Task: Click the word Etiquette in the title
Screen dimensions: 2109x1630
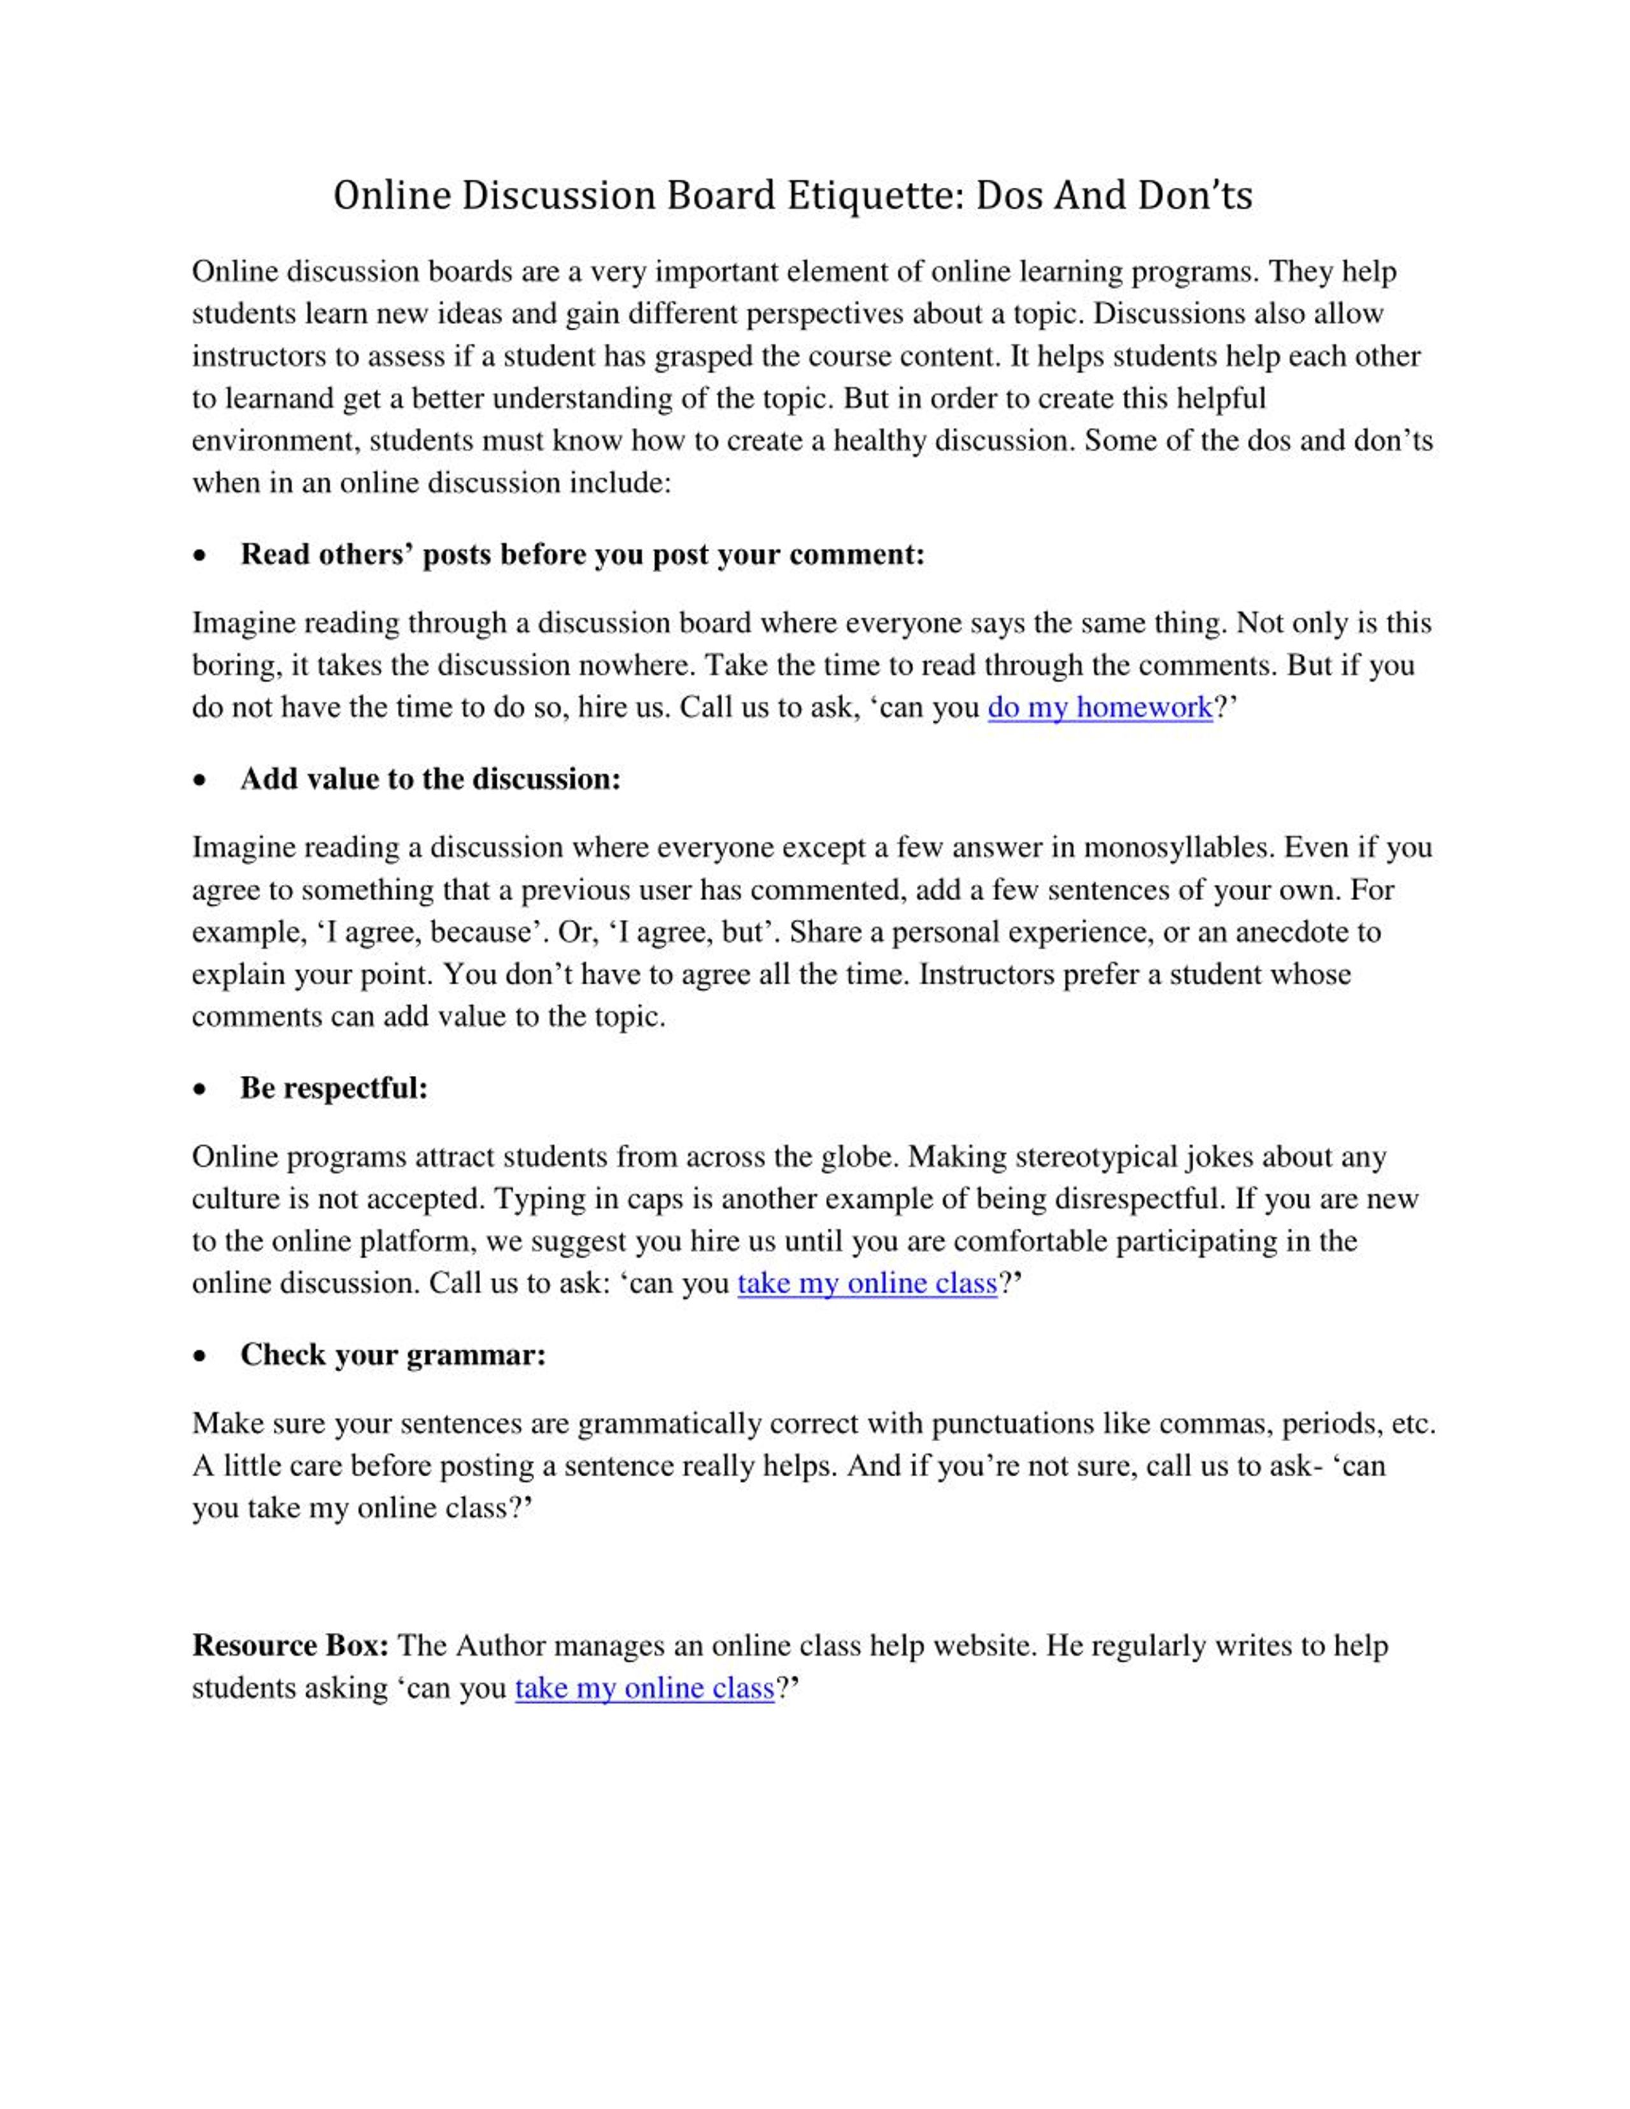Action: point(870,196)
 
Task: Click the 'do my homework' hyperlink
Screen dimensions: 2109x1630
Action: point(1099,708)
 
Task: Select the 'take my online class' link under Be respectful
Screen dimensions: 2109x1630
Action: point(866,1283)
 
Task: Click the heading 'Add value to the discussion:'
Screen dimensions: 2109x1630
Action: point(430,779)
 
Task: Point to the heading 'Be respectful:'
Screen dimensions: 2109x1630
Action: point(333,1089)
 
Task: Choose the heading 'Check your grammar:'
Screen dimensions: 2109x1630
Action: point(393,1355)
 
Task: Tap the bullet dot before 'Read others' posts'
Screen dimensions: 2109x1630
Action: point(200,556)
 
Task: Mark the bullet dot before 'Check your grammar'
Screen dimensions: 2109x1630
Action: point(200,1357)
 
